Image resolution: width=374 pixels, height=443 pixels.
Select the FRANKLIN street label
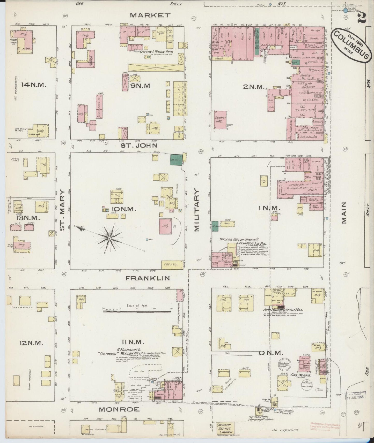coord(148,278)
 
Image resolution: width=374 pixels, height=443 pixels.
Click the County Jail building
coord(221,120)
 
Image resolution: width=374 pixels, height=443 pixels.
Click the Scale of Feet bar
coord(137,312)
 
